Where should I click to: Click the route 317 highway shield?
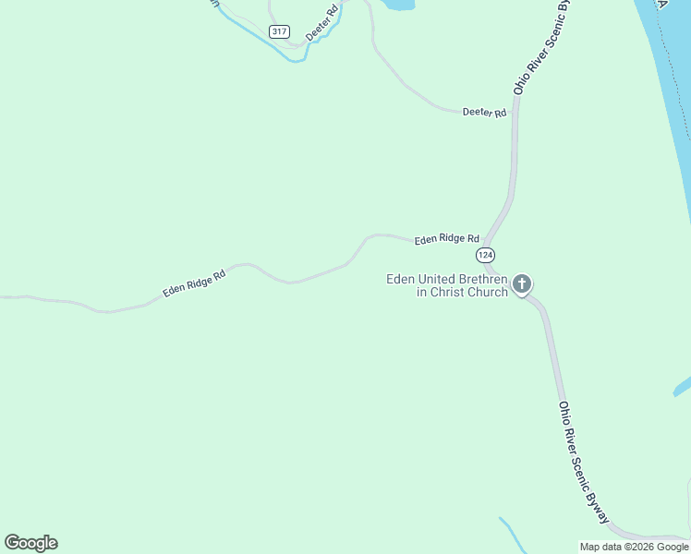[279, 31]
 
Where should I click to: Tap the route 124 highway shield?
[486, 254]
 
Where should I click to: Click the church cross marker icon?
[522, 283]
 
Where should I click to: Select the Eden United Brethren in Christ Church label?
[447, 285]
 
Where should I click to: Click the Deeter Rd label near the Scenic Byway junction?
[485, 113]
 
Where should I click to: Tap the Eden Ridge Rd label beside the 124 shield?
[447, 238]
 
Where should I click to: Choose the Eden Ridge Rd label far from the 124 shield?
[195, 283]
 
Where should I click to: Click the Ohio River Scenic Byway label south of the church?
[584, 463]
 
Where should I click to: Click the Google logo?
[30, 543]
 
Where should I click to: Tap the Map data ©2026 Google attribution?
[635, 547]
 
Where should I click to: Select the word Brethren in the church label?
[477, 279]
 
